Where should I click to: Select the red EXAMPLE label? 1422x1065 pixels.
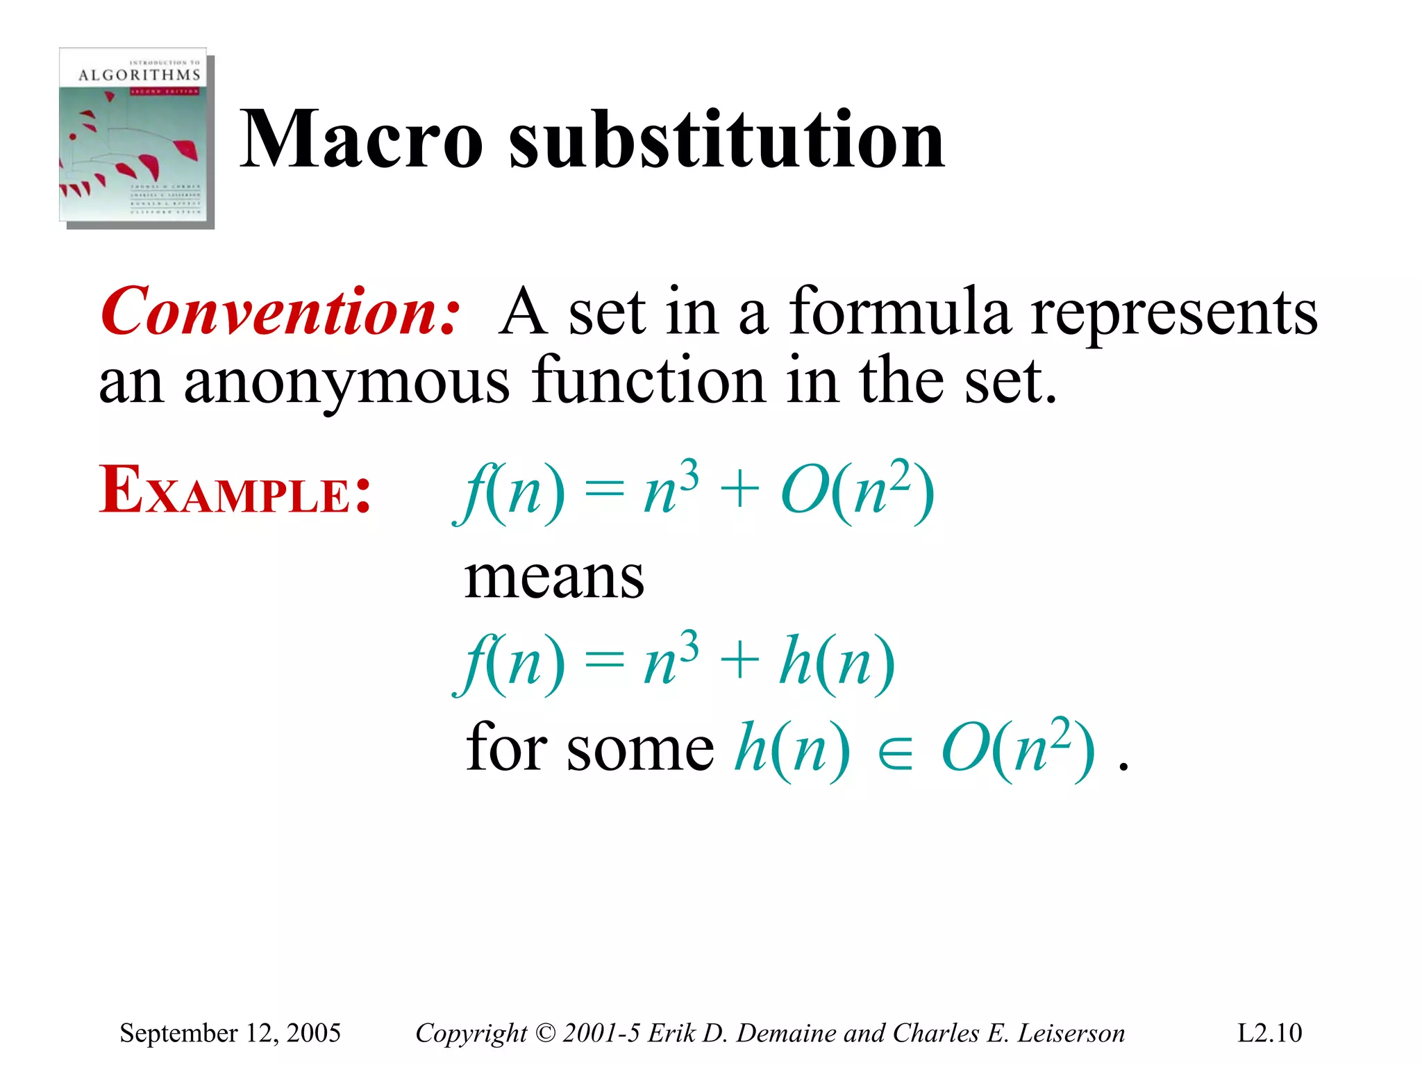[235, 492]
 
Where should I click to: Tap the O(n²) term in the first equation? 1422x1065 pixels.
[857, 492]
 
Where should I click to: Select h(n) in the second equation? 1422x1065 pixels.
[837, 663]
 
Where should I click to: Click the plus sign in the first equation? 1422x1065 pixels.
[739, 490]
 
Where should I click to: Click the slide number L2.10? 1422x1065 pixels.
[1269, 1033]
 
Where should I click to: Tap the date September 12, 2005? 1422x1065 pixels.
[230, 1033]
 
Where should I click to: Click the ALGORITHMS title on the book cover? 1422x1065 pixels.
[139, 75]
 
